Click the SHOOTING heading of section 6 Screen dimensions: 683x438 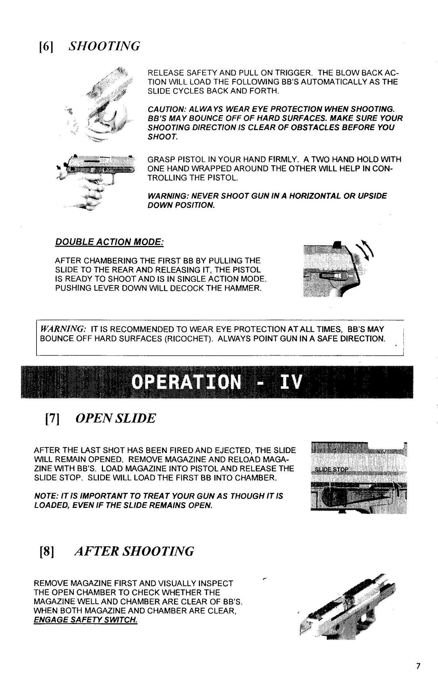tap(104, 46)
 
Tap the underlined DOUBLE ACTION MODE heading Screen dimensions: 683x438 tap(109, 242)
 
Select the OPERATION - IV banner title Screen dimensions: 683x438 tap(217, 382)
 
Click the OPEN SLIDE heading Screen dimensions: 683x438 tap(115, 418)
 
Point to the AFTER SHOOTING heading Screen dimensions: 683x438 tap(134, 551)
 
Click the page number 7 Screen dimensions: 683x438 tap(418, 666)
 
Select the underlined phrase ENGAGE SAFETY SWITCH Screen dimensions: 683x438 tap(85, 621)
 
